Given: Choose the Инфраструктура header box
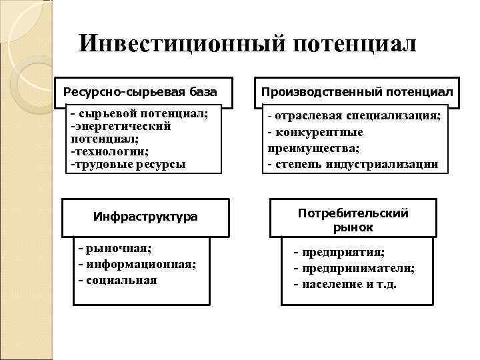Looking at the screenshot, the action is click(145, 217).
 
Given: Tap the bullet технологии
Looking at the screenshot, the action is click(110, 151).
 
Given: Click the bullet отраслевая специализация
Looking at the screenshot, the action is click(354, 115).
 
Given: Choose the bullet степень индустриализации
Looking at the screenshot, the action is click(353, 163).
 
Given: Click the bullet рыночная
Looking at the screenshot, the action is click(117, 249).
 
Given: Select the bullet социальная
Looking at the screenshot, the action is click(120, 279).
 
